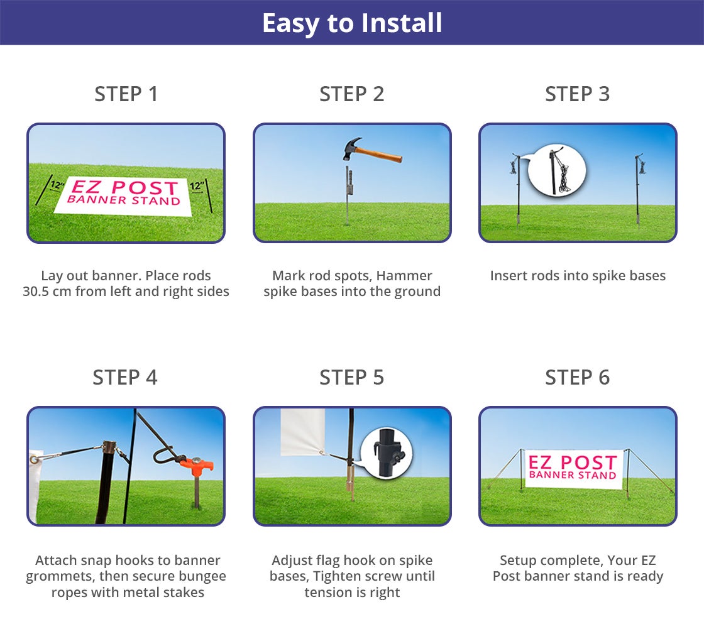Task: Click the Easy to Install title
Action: pyautogui.click(x=352, y=23)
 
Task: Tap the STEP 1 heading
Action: pyautogui.click(x=126, y=94)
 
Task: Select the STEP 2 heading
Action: pyautogui.click(x=351, y=94)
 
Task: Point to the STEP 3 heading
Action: pyautogui.click(x=577, y=94)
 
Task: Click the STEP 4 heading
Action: pyautogui.click(x=125, y=378)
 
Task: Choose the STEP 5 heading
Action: pyautogui.click(x=351, y=378)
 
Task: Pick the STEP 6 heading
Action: pyautogui.click(x=577, y=378)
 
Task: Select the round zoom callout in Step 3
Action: pyautogui.click(x=556, y=170)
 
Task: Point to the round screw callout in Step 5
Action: pyautogui.click(x=386, y=453)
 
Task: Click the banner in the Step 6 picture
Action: pyautogui.click(x=572, y=468)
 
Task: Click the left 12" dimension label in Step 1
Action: pyautogui.click(x=57, y=186)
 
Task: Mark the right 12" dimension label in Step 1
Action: pyautogui.click(x=197, y=186)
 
